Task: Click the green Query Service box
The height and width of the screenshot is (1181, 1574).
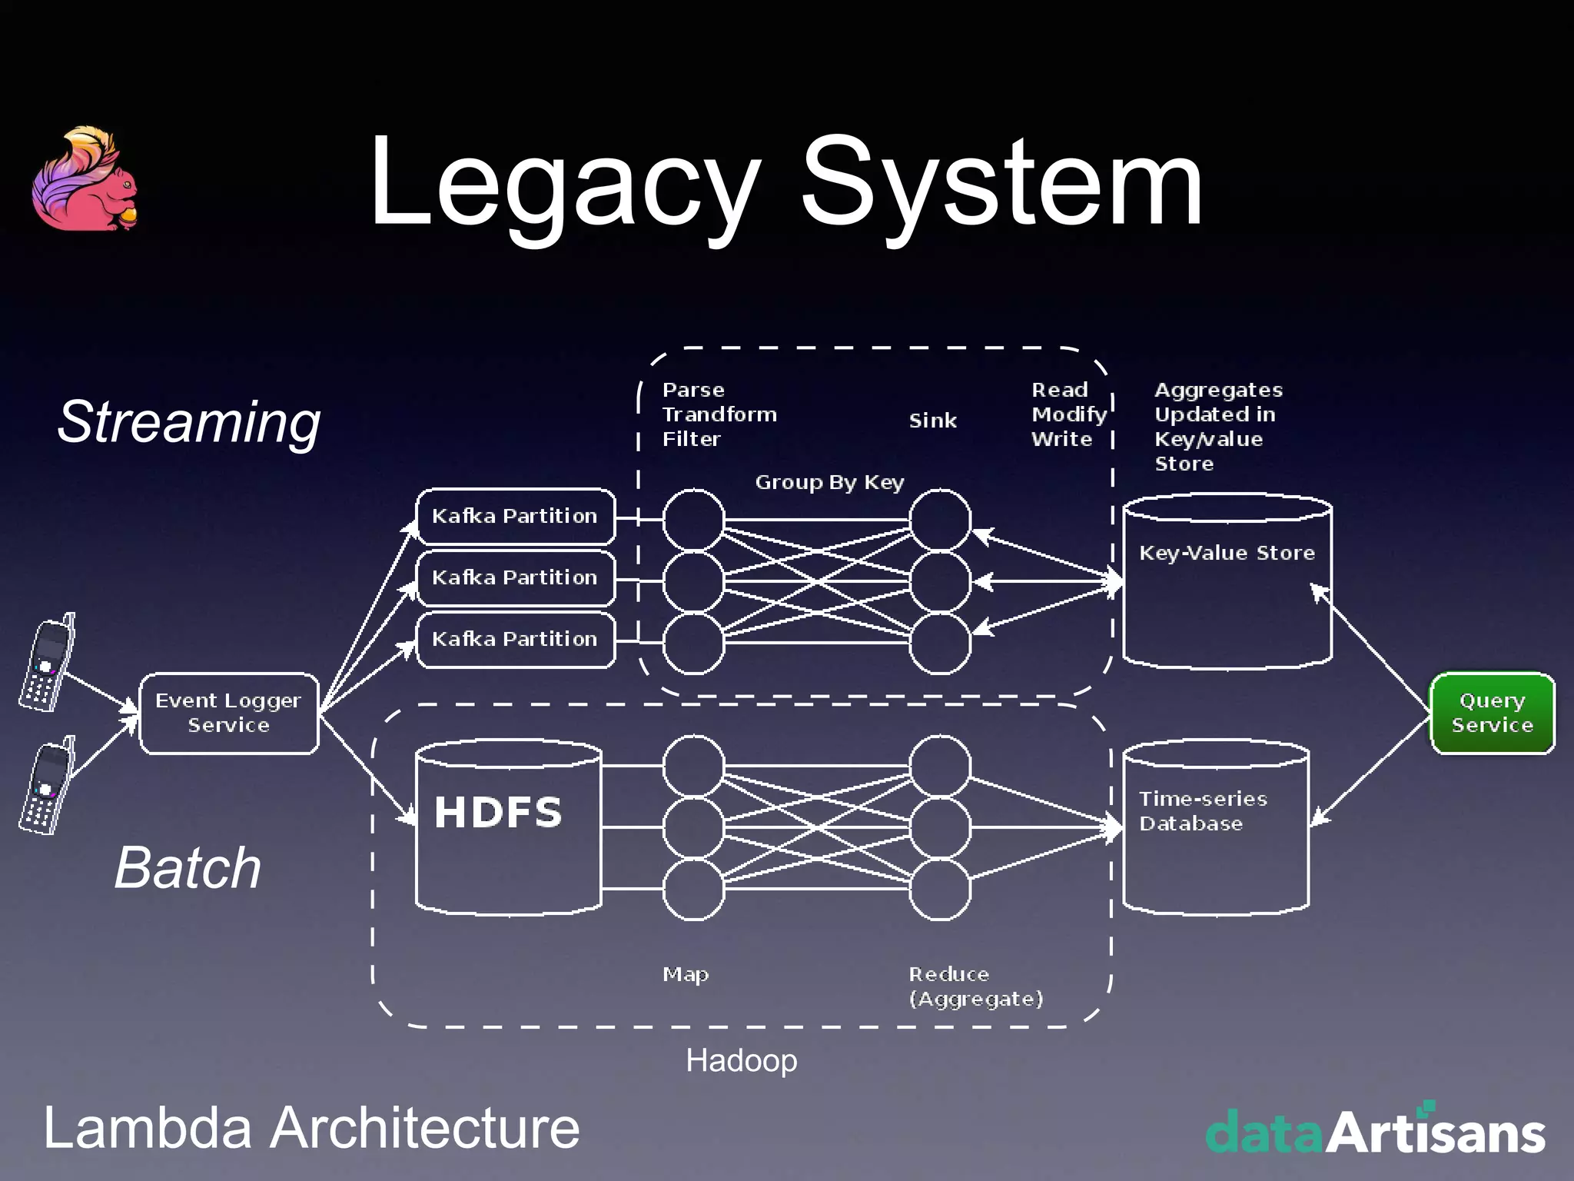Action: tap(1492, 713)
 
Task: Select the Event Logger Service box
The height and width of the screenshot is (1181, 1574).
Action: tap(228, 713)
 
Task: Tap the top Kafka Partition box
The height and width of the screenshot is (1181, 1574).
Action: tap(515, 516)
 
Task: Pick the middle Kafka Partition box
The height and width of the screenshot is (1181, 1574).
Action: tap(515, 577)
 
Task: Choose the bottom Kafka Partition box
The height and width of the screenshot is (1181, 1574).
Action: tap(515, 639)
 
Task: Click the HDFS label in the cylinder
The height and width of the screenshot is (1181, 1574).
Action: tap(498, 813)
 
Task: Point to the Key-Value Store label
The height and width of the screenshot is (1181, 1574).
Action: tap(1227, 553)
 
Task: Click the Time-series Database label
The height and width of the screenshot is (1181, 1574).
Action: tap(1203, 811)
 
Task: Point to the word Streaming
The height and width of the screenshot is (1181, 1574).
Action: tap(189, 422)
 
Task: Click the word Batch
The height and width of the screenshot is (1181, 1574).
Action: tap(188, 868)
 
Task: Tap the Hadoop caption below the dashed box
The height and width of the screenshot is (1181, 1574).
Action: tap(741, 1060)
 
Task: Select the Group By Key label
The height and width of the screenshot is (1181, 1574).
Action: tap(829, 482)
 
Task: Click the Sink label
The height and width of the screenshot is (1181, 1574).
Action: tap(933, 421)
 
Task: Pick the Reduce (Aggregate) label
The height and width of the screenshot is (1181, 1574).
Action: tap(975, 986)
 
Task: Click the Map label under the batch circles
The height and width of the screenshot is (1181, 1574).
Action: tap(686, 974)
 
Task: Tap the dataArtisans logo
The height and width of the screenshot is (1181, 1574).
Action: tap(1375, 1131)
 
